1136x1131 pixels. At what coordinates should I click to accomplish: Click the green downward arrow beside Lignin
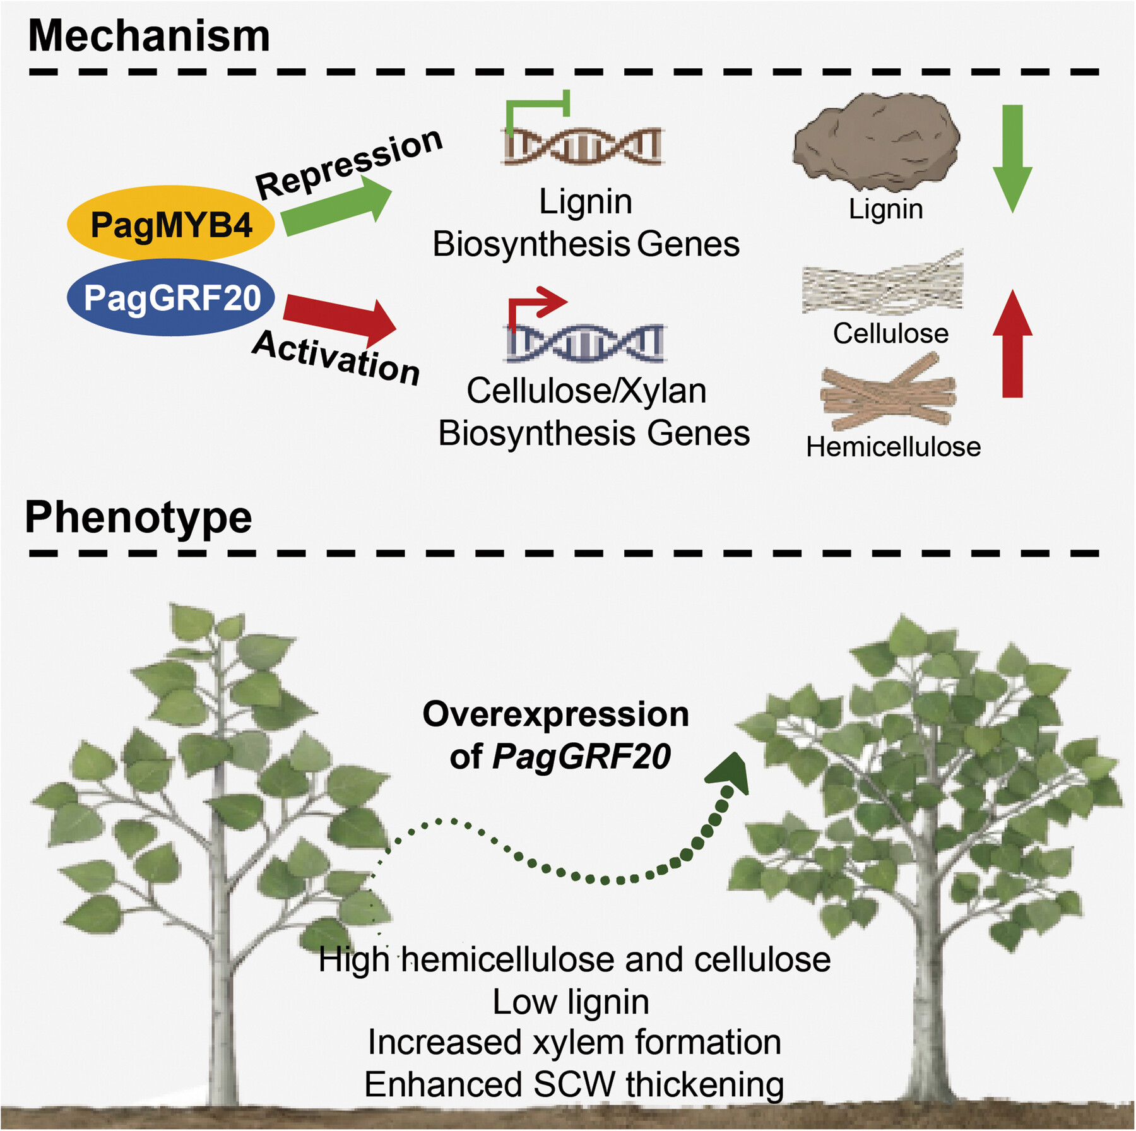coord(1012,158)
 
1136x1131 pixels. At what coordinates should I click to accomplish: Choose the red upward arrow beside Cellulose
coord(1012,345)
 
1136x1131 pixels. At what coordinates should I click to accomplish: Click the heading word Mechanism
coord(149,35)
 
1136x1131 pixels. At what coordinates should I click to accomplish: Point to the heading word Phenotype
coord(138,518)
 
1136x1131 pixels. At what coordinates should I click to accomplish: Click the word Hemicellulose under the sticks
coord(893,447)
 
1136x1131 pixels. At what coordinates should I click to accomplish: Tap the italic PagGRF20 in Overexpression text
coord(581,756)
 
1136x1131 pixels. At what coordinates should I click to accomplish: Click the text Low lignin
coord(571,1002)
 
